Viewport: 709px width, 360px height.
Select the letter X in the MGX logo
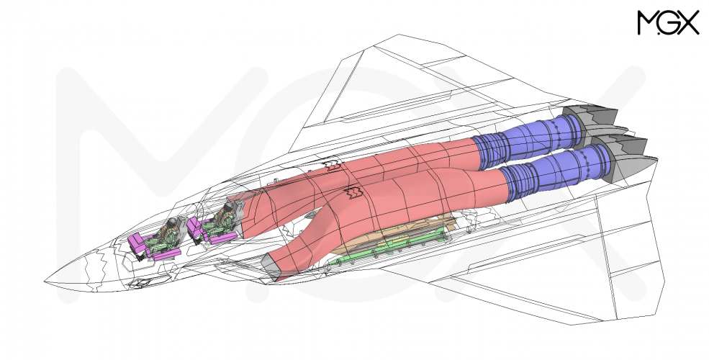coord(689,22)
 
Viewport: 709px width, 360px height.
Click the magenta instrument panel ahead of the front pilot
coord(137,244)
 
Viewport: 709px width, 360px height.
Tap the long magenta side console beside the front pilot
coord(166,254)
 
